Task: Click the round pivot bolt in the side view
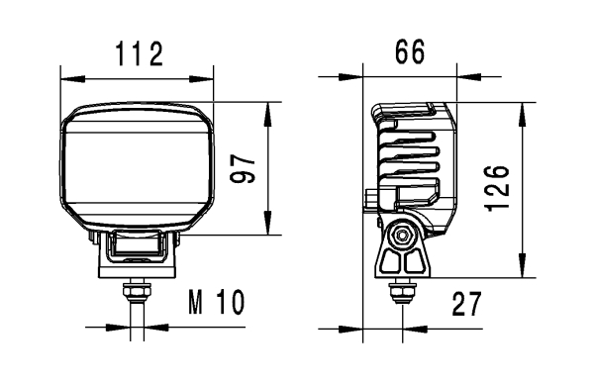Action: [401, 237]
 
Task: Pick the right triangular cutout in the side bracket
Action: [412, 264]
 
